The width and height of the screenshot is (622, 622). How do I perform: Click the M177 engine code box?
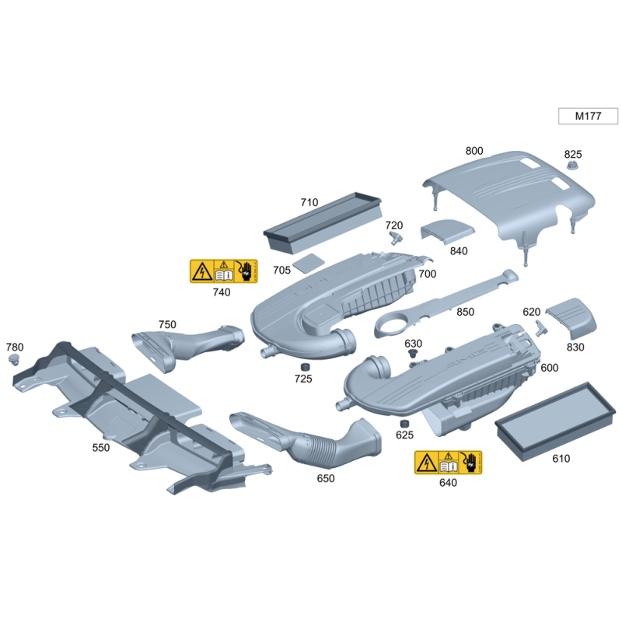(x=588, y=116)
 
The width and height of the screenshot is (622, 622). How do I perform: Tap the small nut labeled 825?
(x=571, y=165)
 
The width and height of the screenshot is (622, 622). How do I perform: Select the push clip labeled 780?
(x=14, y=360)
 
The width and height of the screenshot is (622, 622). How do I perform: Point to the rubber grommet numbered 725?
(x=305, y=366)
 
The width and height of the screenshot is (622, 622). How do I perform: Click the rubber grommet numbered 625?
(x=404, y=423)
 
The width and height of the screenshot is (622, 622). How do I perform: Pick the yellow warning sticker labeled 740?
(x=224, y=271)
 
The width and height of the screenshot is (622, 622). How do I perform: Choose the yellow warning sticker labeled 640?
(x=449, y=462)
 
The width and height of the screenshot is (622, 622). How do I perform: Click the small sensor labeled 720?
(x=396, y=238)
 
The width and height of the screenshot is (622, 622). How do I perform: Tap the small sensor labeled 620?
(x=540, y=328)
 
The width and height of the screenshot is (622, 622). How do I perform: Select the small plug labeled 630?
(x=413, y=353)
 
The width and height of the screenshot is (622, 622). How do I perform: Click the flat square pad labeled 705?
(x=309, y=263)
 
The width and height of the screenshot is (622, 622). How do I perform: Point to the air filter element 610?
(x=555, y=421)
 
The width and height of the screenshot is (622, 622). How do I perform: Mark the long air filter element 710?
(x=323, y=222)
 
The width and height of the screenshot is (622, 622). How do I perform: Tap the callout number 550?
(x=101, y=448)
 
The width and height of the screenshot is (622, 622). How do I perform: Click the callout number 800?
(x=474, y=151)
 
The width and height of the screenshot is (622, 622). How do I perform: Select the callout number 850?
(x=465, y=312)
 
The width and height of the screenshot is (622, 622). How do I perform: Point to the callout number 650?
(x=326, y=478)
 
